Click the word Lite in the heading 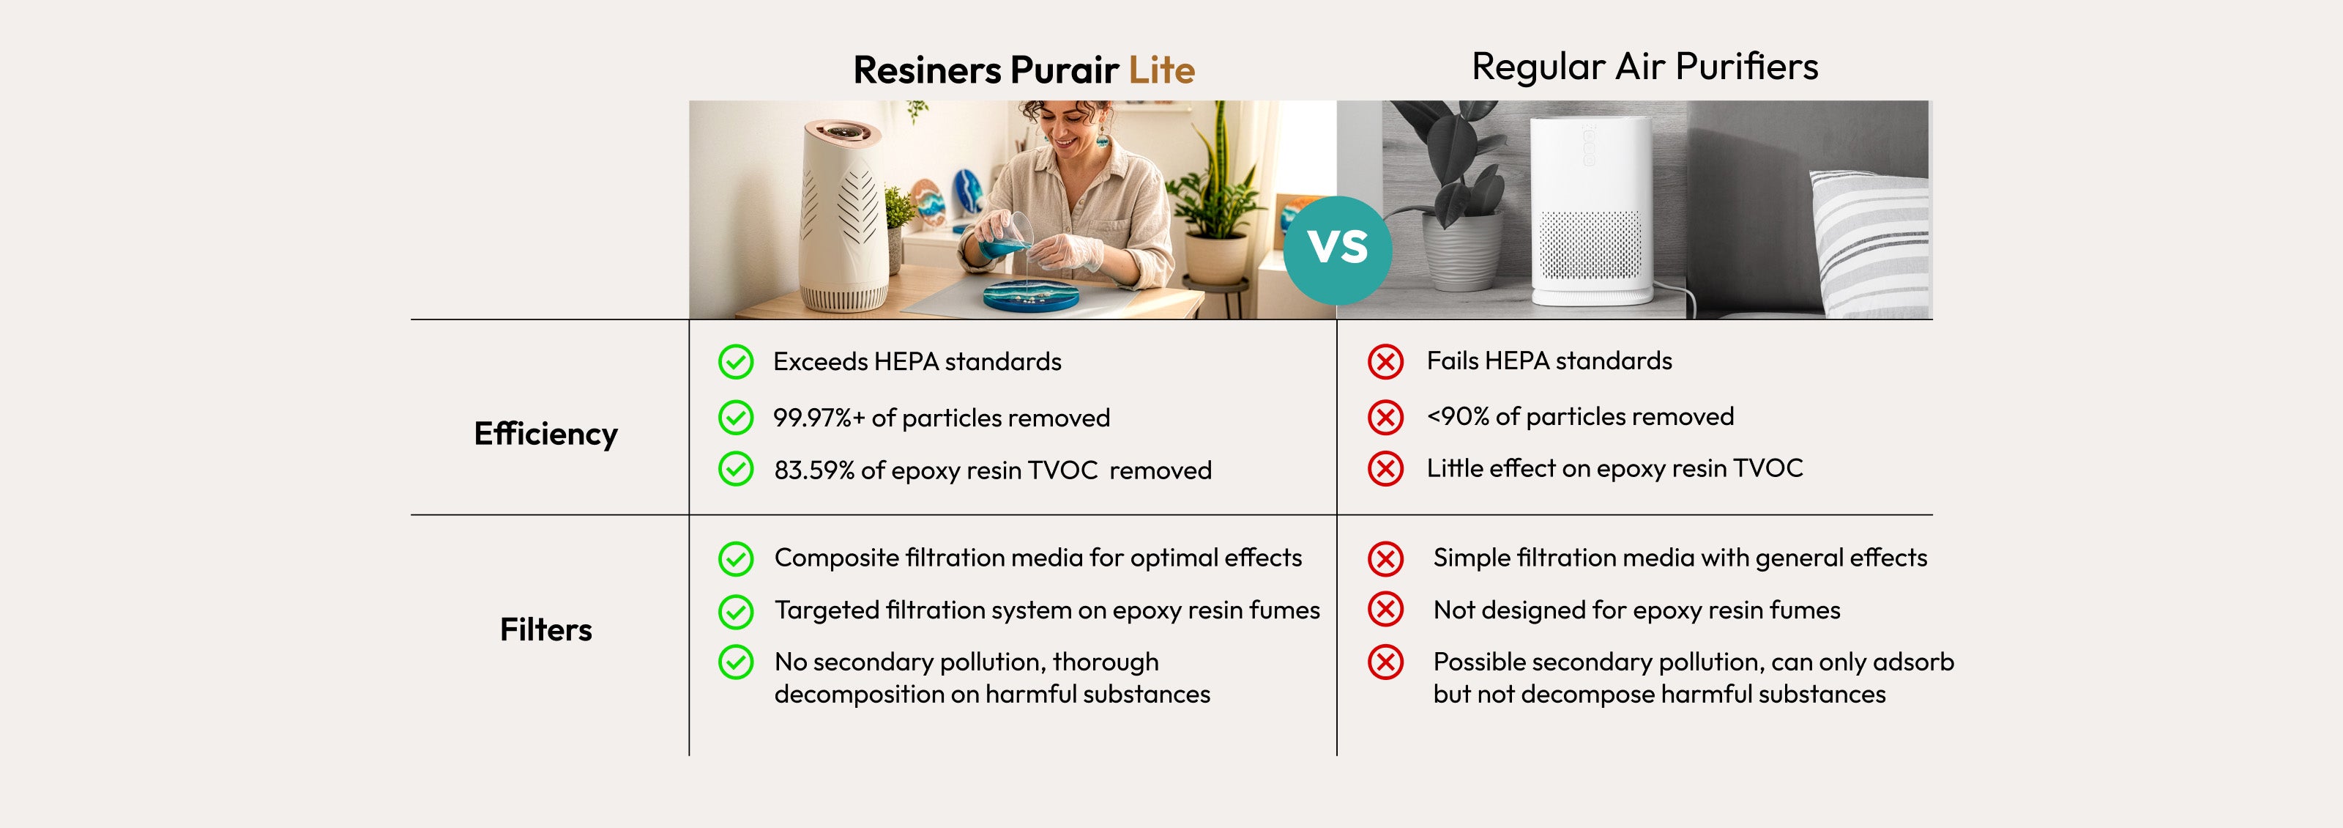(1161, 70)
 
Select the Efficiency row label (545, 434)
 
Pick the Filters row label (545, 629)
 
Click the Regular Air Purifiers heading (1644, 67)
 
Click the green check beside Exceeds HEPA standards (736, 362)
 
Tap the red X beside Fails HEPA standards (1385, 362)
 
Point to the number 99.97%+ (819, 418)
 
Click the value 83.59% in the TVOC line (814, 470)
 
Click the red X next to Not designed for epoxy (1385, 610)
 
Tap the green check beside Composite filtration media (736, 558)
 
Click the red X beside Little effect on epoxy (1385, 469)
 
